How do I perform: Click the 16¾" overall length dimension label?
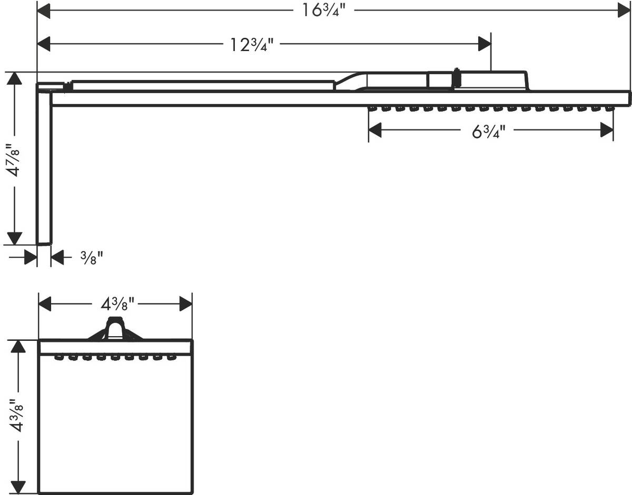[x=324, y=11]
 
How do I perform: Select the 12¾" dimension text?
[x=252, y=44]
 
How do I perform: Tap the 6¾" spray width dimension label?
[x=489, y=132]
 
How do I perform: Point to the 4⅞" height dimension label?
[x=14, y=159]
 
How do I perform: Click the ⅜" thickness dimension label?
[x=92, y=258]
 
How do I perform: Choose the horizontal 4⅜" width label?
[x=117, y=304]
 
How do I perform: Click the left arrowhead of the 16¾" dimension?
[x=44, y=11]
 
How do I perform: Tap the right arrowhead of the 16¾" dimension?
[x=624, y=11]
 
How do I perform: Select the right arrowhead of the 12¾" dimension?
[x=485, y=44]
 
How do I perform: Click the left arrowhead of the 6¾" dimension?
[x=375, y=129]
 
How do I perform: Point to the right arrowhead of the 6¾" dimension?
[x=607, y=129]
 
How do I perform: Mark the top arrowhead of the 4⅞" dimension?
[x=15, y=78]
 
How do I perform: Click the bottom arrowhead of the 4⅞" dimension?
[x=15, y=238]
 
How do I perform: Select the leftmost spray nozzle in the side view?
[x=372, y=109]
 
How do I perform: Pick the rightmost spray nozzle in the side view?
[x=609, y=109]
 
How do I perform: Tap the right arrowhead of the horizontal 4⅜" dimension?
[x=186, y=304]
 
